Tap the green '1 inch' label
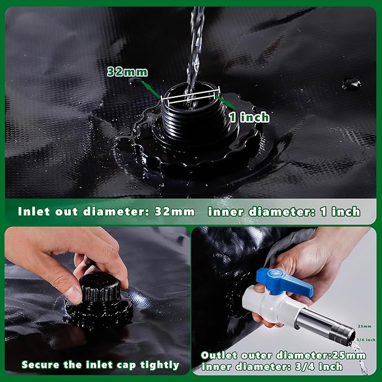point(248,116)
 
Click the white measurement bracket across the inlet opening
point(189,97)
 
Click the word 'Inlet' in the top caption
point(35,212)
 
